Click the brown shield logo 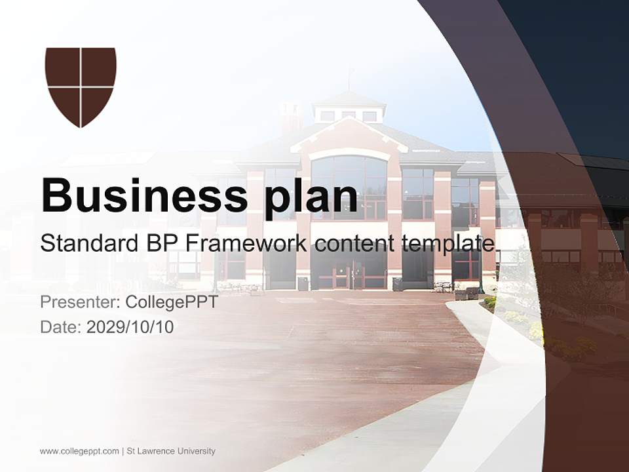(x=81, y=87)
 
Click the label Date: (x=61, y=326)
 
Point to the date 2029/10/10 (x=130, y=326)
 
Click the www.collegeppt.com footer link (x=79, y=451)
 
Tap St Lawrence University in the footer (x=170, y=451)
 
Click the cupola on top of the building (x=349, y=108)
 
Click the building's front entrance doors (x=349, y=275)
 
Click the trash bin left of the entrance (x=303, y=283)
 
